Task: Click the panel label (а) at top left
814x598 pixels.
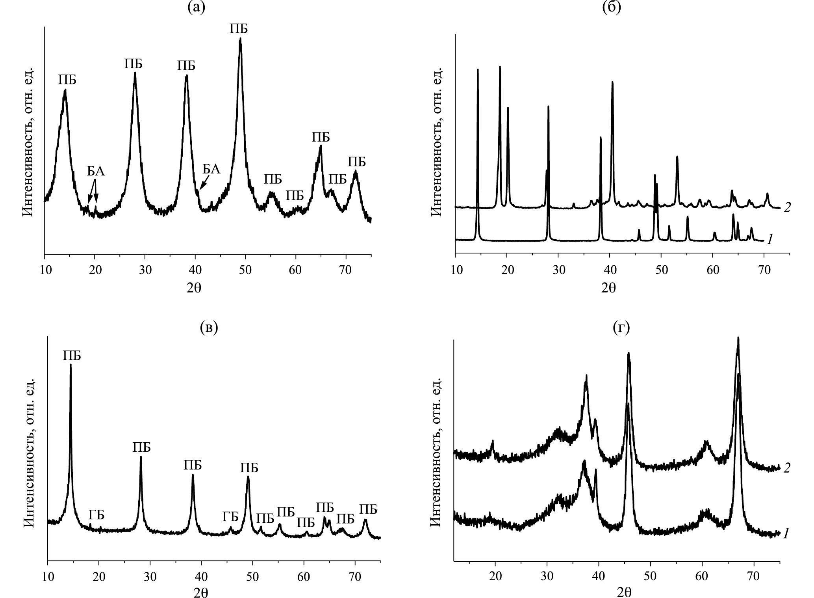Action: coord(196,8)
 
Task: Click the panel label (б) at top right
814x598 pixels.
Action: coord(612,8)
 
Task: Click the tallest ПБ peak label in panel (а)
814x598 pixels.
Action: coord(239,29)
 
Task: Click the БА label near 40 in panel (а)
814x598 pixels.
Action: coord(211,169)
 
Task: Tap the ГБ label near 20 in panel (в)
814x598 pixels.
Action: coord(96,515)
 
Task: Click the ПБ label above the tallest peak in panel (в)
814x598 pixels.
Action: coord(72,356)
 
